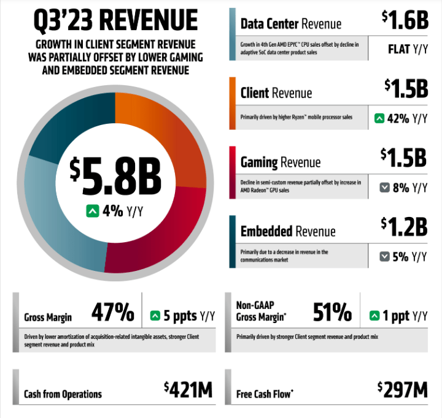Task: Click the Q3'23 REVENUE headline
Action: coord(115,21)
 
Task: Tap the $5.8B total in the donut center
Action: coord(115,175)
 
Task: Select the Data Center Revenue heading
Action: coord(290,24)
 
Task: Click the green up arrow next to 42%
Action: coord(379,118)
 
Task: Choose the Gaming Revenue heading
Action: coord(280,162)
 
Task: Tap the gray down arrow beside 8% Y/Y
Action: coord(385,188)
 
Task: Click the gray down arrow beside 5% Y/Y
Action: coord(385,256)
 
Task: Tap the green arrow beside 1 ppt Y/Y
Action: coord(374,316)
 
